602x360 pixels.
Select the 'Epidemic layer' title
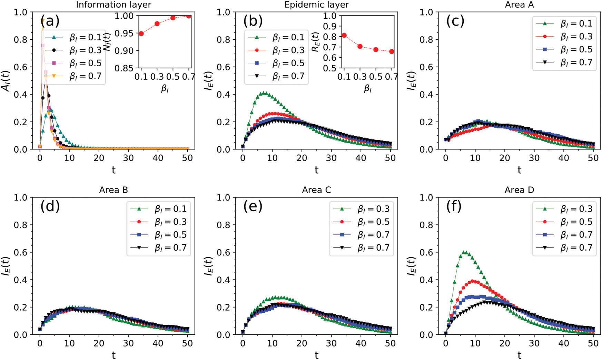point(316,4)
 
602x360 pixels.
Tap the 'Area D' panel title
point(519,190)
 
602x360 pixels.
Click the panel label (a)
point(50,21)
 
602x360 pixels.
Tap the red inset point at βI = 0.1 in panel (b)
point(344,36)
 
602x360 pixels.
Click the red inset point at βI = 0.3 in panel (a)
point(157,24)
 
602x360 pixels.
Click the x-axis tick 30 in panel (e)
point(331,343)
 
